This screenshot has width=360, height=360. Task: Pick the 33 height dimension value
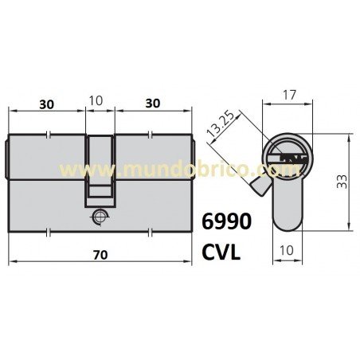[341, 183]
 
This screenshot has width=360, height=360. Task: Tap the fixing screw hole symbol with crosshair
[98, 215]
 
